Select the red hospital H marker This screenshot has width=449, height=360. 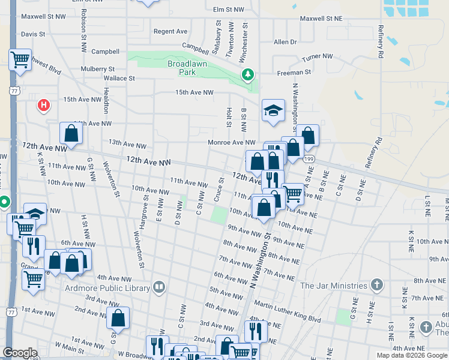click(43, 106)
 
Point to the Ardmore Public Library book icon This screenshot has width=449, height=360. click(158, 287)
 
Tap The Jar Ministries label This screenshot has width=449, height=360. click(334, 286)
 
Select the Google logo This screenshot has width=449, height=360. click(20, 353)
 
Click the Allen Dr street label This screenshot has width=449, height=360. click(285, 42)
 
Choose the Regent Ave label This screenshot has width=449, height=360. click(170, 31)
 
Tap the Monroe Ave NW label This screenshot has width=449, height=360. click(232, 142)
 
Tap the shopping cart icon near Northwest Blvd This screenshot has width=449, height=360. click(20, 60)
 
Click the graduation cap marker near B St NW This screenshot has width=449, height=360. click(273, 110)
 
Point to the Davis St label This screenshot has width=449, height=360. click(33, 34)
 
